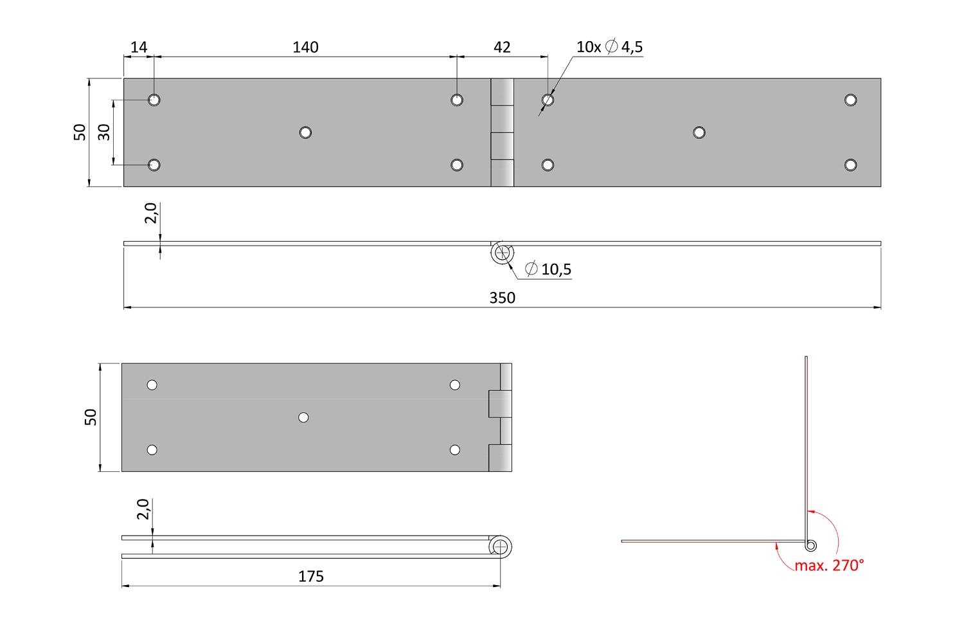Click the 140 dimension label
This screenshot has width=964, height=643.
point(305,47)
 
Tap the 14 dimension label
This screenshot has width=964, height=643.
point(139,47)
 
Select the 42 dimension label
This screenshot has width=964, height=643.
point(502,47)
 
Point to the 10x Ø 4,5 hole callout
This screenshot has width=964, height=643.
point(609,46)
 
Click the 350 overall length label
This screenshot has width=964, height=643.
point(502,298)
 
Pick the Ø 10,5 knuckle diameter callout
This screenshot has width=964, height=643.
point(548,269)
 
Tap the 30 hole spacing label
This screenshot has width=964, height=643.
point(103,132)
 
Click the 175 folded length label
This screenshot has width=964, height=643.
point(310,576)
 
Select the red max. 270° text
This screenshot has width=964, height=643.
point(829,565)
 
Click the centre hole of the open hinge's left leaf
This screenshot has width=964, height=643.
point(305,132)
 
